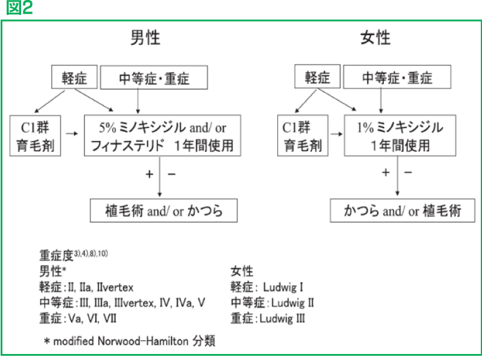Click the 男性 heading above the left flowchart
145,39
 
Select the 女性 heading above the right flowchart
375,39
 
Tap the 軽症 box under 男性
75,78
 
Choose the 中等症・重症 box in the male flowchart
154,78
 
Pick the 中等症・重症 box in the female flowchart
397,78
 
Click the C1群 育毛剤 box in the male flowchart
36,136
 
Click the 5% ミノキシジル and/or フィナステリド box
162,136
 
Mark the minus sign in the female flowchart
408,173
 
